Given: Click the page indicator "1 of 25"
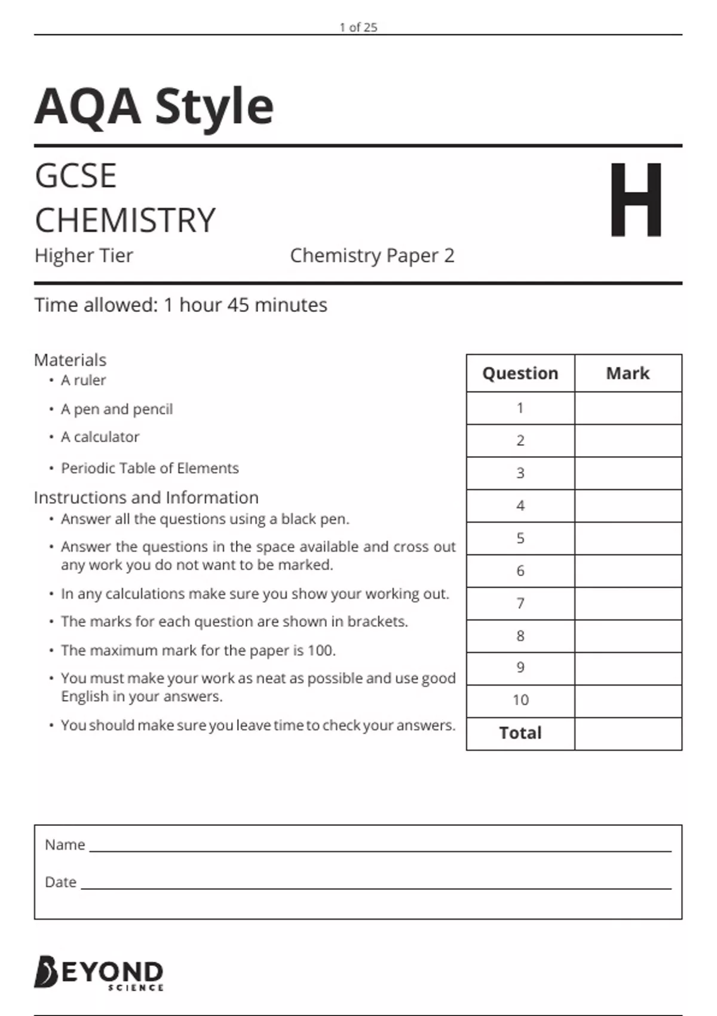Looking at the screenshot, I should pyautogui.click(x=358, y=27).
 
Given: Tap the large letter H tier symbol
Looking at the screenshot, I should pyautogui.click(x=636, y=200).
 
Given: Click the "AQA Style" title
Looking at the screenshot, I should pyautogui.click(x=154, y=106).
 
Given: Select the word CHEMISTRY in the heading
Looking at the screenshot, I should pyautogui.click(x=125, y=220).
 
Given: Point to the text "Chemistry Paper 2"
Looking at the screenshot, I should pyautogui.click(x=372, y=256).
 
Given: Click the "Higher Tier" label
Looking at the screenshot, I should pyautogui.click(x=84, y=256).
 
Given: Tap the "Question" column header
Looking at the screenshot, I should pyautogui.click(x=520, y=373).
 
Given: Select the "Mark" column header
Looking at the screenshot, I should pyautogui.click(x=627, y=373).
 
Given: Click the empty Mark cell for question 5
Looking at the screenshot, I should pyautogui.click(x=627, y=538).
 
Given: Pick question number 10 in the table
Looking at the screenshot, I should pyautogui.click(x=520, y=700).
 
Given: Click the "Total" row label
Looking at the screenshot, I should pyautogui.click(x=520, y=733).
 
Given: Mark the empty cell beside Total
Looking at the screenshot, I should pyautogui.click(x=627, y=733).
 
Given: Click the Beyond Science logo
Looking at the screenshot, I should pyautogui.click(x=99, y=973).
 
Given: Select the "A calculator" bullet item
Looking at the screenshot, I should pyautogui.click(x=100, y=437).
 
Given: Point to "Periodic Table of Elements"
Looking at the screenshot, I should pyautogui.click(x=149, y=468).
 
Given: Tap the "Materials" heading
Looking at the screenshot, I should pyautogui.click(x=70, y=360).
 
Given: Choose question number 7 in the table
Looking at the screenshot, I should pyautogui.click(x=520, y=603).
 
